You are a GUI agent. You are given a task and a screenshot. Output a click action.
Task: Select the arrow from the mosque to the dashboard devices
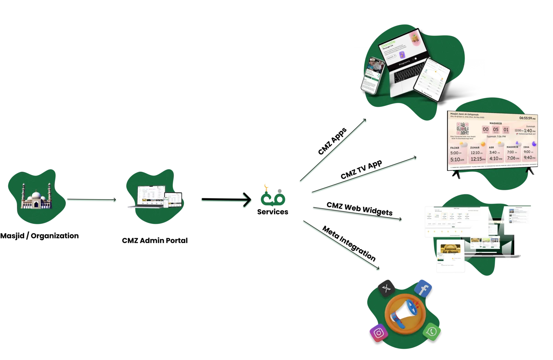92,200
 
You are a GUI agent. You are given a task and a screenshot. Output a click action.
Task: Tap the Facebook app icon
423,288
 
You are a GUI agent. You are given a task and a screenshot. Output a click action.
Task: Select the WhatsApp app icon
432,332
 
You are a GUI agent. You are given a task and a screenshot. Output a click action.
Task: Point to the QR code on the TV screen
462,129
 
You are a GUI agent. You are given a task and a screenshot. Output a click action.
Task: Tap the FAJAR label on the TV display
455,148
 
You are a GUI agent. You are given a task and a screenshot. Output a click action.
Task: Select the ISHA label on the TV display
526,147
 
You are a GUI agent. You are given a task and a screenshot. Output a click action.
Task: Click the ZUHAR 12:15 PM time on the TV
478,159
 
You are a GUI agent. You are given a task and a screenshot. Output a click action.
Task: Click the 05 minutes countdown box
496,130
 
